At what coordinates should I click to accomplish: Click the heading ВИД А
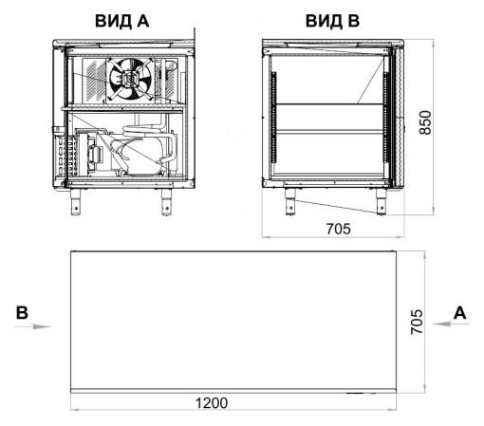click(121, 21)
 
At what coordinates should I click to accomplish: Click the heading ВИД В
click(332, 21)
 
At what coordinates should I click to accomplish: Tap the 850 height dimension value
click(425, 122)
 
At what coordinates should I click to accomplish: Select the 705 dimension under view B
click(338, 229)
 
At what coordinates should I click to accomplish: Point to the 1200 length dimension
click(212, 403)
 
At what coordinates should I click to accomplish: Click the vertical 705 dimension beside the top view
click(417, 322)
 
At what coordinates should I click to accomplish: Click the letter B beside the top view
click(22, 313)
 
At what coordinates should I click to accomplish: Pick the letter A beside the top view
click(460, 313)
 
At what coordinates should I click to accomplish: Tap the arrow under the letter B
click(33, 326)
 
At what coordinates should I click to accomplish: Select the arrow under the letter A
click(450, 324)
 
